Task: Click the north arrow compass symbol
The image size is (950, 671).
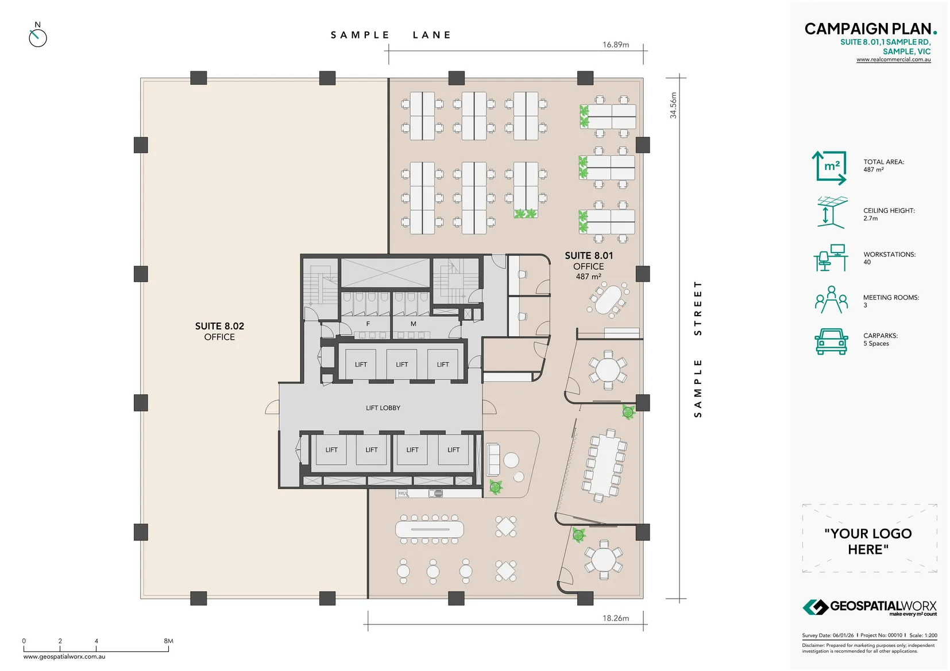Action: coord(37,37)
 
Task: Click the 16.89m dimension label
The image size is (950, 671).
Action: coord(615,45)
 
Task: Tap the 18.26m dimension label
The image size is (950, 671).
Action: coord(615,618)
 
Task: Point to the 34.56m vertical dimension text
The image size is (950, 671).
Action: coord(673,105)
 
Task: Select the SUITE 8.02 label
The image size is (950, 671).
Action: coord(219,326)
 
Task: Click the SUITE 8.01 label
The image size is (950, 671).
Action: coord(589,255)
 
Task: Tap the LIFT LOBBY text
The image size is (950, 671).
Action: coord(383,408)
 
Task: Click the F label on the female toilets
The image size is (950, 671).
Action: coord(368,324)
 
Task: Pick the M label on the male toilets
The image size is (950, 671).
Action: coord(413,324)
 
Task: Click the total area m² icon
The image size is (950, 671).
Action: coord(829,168)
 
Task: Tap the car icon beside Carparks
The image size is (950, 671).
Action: coord(831,342)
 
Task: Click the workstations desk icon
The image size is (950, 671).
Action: coord(831,258)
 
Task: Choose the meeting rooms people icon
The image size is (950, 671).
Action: coord(831,300)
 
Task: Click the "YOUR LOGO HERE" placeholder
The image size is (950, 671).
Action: coord(868,541)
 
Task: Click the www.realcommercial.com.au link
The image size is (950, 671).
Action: coord(893,60)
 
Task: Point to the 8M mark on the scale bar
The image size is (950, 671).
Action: coord(168,641)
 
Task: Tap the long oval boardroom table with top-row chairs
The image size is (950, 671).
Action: coord(429,529)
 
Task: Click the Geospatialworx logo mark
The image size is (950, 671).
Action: coord(815,607)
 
